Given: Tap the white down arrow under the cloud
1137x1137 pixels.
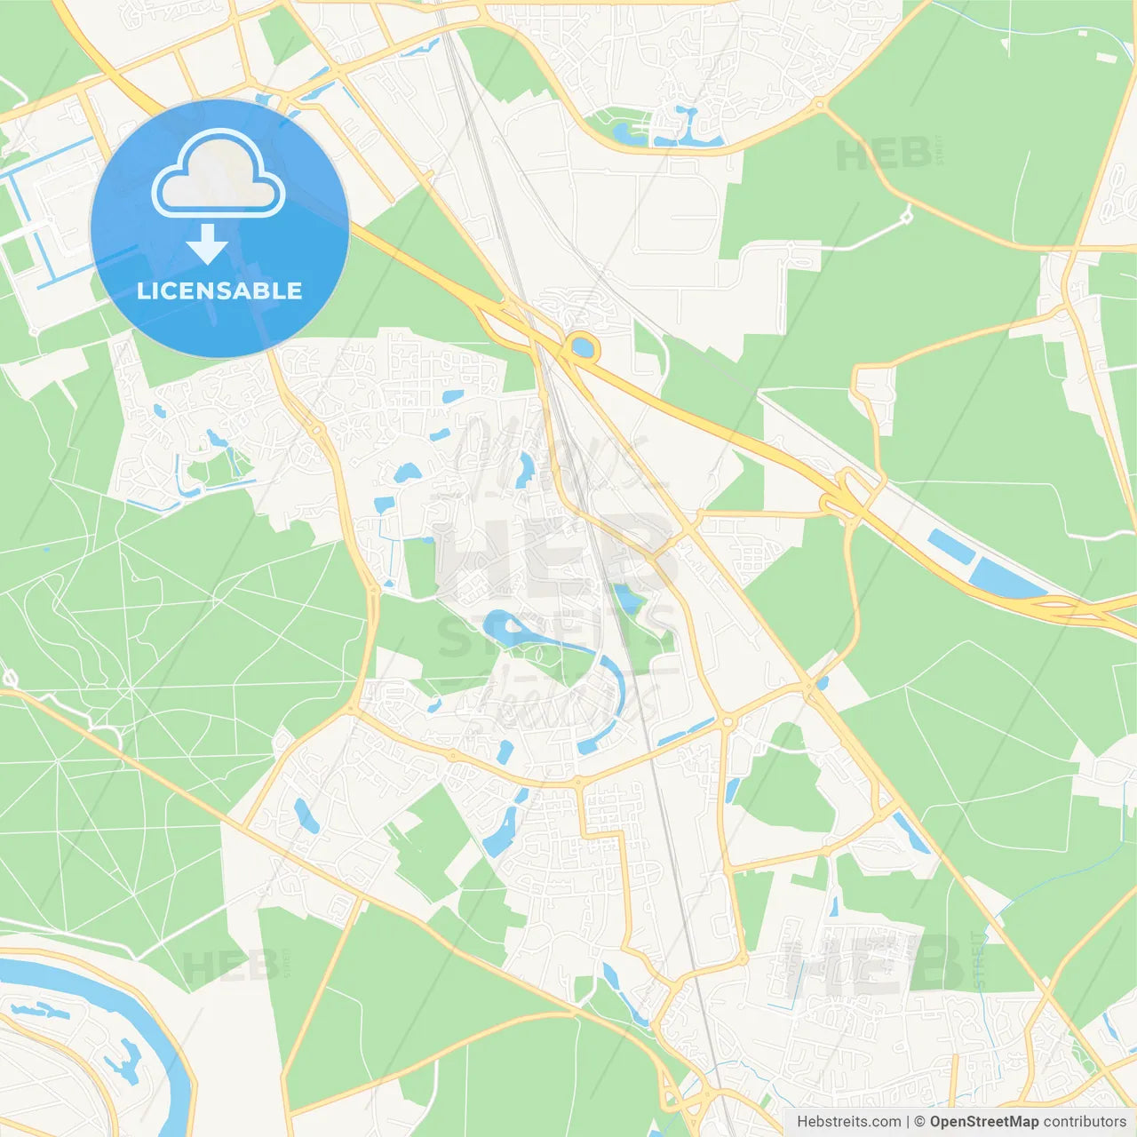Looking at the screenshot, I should [207, 244].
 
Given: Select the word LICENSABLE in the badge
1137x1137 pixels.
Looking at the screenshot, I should [219, 291].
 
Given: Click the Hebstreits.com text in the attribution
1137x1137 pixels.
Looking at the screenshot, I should [849, 1122].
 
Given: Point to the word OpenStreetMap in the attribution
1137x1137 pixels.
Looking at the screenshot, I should [984, 1122].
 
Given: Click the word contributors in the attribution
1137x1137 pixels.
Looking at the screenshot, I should [1085, 1122].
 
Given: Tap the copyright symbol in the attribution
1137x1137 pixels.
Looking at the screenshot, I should [919, 1122].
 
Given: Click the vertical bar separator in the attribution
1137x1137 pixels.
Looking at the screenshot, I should [908, 1122].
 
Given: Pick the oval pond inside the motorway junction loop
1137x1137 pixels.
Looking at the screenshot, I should [583, 346].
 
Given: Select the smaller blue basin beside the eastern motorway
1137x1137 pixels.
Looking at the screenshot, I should [941, 544].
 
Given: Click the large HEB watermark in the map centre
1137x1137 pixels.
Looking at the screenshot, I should [551, 555].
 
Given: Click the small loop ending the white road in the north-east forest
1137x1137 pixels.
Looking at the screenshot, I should [906, 215].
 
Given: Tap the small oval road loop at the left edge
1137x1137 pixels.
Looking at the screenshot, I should [10, 680].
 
